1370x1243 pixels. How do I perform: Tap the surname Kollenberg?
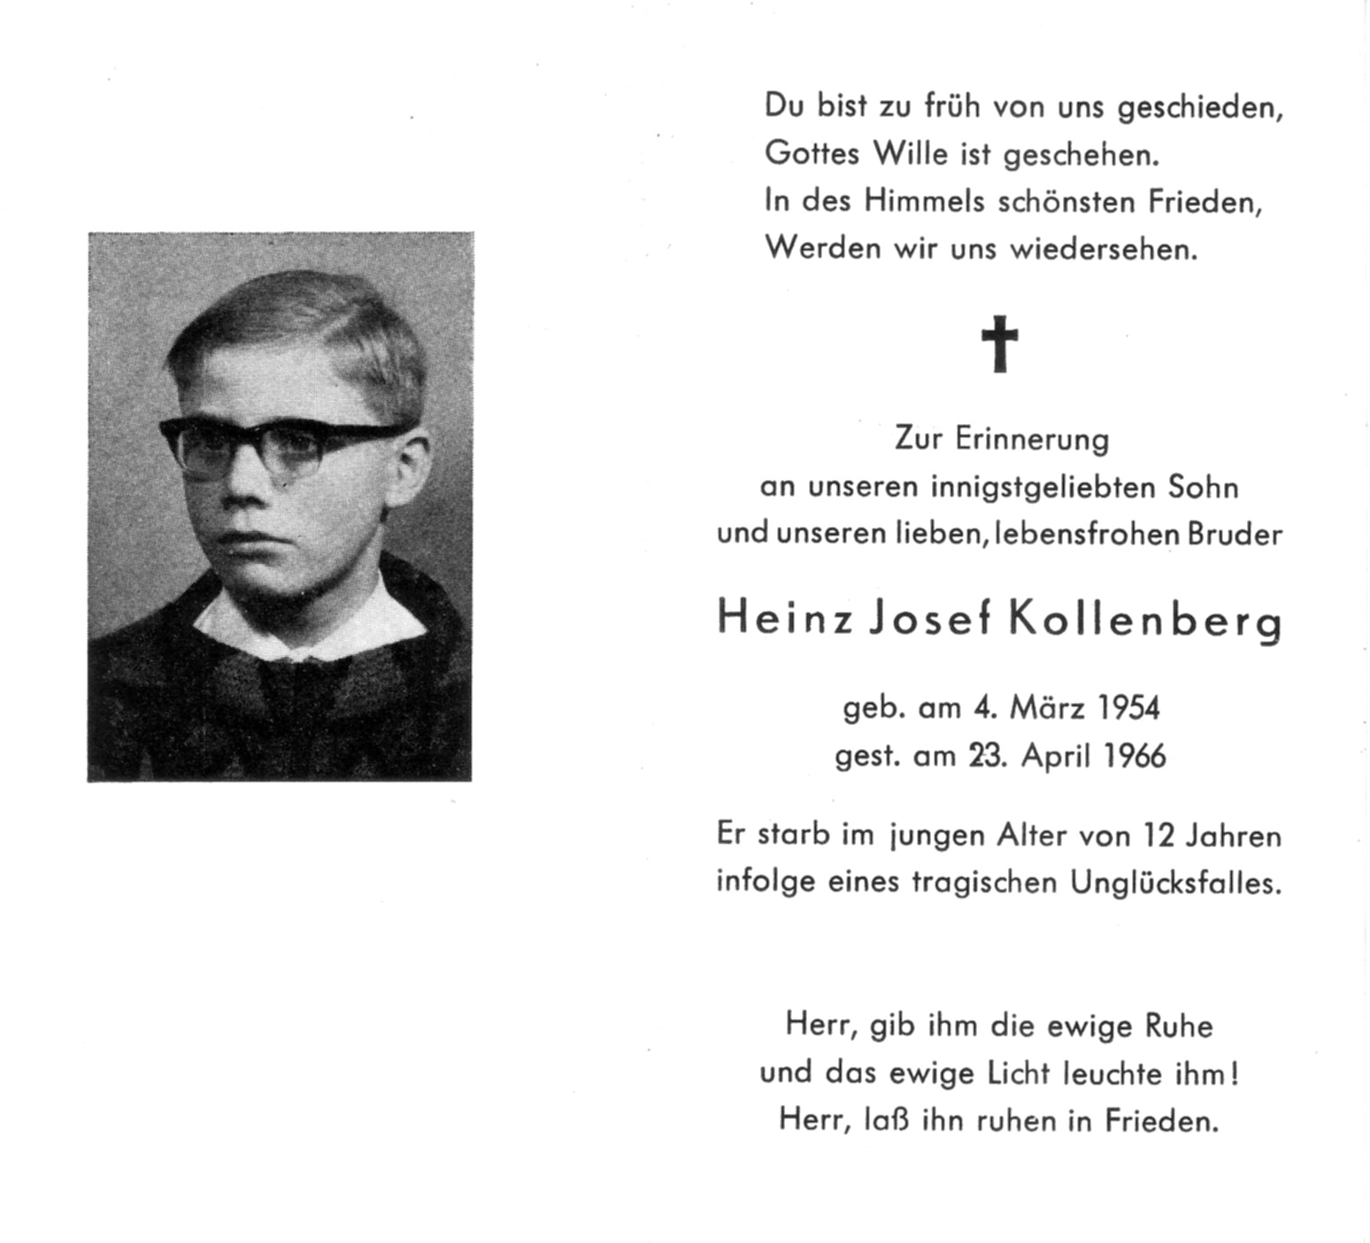1145,621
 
